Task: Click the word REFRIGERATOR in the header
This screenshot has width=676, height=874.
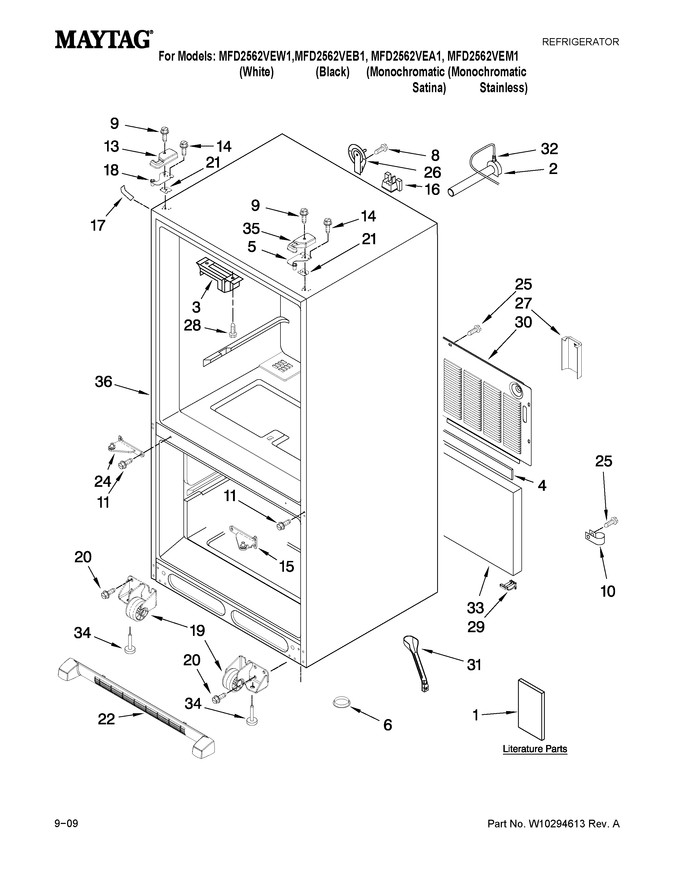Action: pos(580,42)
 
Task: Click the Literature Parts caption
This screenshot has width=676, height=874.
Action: pos(535,749)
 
